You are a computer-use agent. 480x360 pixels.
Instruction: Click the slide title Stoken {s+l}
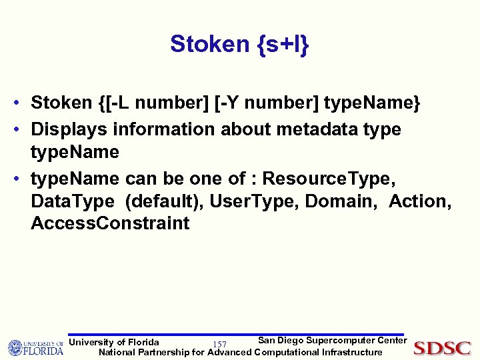pos(239,44)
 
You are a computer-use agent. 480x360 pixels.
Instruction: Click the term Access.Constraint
pos(110,223)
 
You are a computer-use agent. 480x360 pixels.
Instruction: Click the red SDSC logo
pos(442,347)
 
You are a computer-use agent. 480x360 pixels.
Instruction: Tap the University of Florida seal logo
pos(16,347)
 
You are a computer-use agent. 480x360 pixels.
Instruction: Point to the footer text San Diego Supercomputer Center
pos(332,341)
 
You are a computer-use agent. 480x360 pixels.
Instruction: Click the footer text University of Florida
pos(114,343)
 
